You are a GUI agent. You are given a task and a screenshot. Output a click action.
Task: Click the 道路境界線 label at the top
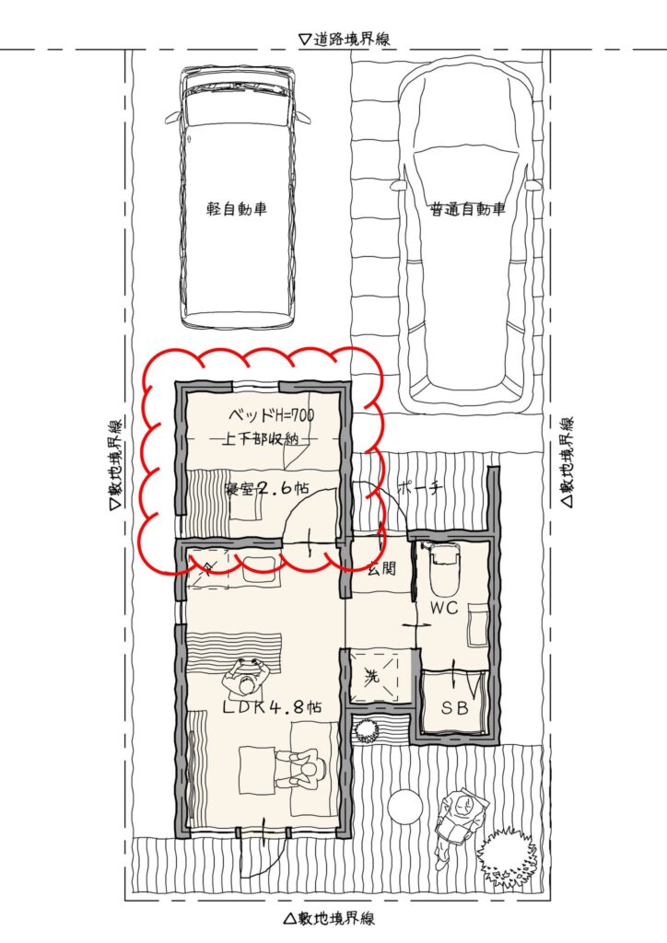point(345,39)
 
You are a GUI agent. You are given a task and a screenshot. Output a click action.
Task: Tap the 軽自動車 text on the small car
point(237,209)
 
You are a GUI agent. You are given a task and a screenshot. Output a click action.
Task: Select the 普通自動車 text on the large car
point(468,209)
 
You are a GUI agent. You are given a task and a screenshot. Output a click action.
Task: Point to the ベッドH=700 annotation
point(271,415)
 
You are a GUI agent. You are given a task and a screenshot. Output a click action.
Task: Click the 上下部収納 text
point(262,439)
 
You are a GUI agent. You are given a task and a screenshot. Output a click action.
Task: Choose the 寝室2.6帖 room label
point(266,488)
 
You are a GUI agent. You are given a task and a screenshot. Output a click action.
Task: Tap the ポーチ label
point(420,488)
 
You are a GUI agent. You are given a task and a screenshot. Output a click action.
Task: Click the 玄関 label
point(381,567)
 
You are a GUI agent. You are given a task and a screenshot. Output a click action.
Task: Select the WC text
point(444,608)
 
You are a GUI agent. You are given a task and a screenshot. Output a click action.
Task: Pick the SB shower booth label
point(455,708)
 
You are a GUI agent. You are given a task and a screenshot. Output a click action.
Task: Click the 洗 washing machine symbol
point(373,677)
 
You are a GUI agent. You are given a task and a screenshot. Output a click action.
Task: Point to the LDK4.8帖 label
point(272,707)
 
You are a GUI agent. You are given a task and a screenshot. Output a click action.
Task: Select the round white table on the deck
point(404,805)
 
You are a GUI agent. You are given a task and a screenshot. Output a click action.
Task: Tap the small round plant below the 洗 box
point(365,730)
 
